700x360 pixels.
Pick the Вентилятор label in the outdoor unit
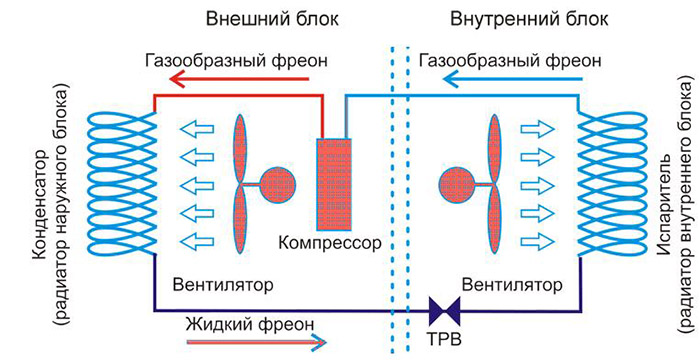click(x=224, y=284)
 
